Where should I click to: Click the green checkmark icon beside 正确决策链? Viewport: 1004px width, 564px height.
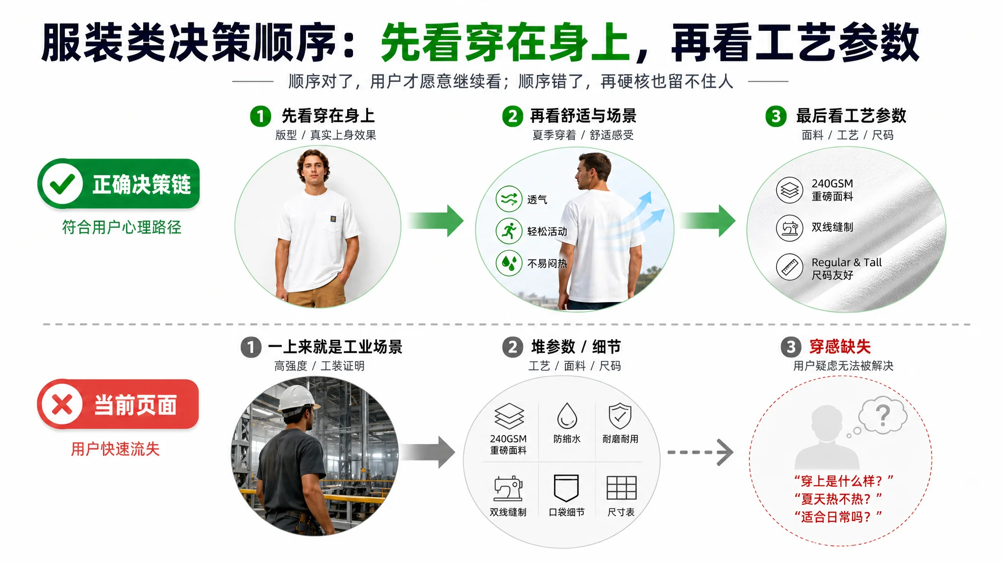tap(62, 184)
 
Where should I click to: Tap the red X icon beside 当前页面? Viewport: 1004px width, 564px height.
tap(62, 405)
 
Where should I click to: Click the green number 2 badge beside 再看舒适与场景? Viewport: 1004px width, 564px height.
tap(512, 116)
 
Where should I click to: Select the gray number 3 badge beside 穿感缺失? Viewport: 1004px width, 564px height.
tap(791, 347)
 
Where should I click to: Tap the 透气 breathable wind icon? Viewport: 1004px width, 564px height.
tap(509, 199)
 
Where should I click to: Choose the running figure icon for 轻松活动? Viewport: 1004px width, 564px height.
tap(509, 231)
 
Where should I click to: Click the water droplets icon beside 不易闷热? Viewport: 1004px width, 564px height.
tap(509, 263)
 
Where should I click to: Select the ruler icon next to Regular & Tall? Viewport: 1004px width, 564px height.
tap(789, 267)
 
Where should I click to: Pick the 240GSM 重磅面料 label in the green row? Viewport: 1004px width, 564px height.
tap(832, 190)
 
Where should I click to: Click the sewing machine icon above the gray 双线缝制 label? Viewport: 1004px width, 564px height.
tap(508, 488)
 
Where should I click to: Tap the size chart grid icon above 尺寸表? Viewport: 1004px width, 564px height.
tap(622, 488)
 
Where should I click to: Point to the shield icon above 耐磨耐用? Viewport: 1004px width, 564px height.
tap(620, 416)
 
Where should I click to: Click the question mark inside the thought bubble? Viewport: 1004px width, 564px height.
tap(883, 416)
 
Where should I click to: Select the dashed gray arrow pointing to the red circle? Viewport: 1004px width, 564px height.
tap(701, 452)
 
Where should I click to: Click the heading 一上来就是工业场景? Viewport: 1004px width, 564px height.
tap(335, 347)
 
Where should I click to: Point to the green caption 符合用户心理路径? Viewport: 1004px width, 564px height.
tap(122, 227)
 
